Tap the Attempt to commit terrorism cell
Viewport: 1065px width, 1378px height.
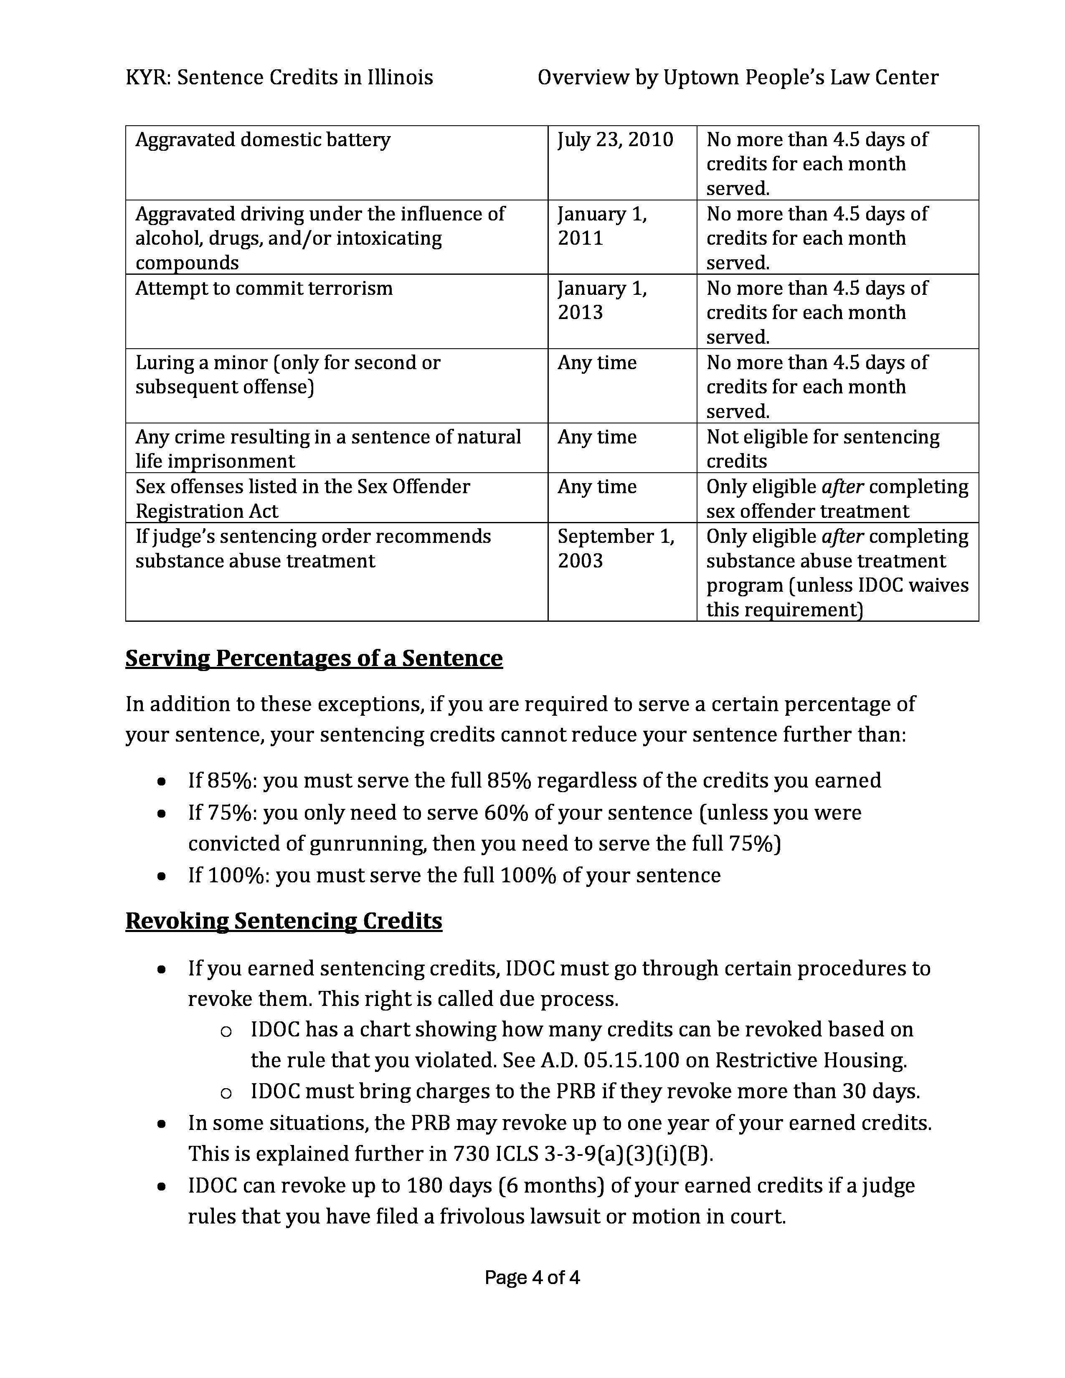coord(264,289)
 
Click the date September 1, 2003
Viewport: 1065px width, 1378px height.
coord(615,548)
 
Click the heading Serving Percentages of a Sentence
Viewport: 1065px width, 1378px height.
coord(314,658)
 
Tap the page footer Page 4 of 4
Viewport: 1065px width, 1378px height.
coord(532,1278)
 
